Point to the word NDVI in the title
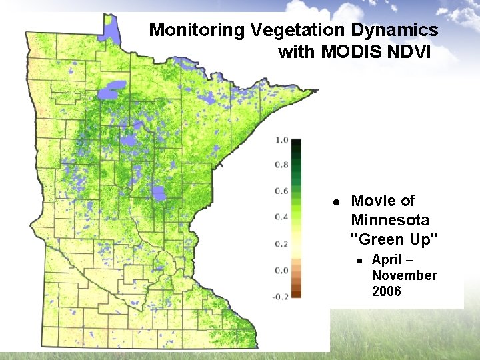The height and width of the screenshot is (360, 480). [414, 51]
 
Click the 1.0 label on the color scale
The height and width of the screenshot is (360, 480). [281, 140]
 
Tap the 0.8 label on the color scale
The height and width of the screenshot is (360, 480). [281, 165]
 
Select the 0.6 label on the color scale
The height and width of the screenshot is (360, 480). [281, 191]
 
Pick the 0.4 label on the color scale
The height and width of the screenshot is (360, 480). [281, 217]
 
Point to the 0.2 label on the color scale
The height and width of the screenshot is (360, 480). [281, 243]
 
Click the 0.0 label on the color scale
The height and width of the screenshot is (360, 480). [281, 270]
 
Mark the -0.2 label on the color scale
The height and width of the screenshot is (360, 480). [280, 296]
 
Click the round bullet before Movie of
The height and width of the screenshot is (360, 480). [337, 201]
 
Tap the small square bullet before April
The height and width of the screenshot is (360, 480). [359, 260]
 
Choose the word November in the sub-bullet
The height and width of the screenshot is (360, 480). [404, 275]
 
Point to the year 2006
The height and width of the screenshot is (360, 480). [387, 291]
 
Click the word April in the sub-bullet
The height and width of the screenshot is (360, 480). [387, 259]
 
